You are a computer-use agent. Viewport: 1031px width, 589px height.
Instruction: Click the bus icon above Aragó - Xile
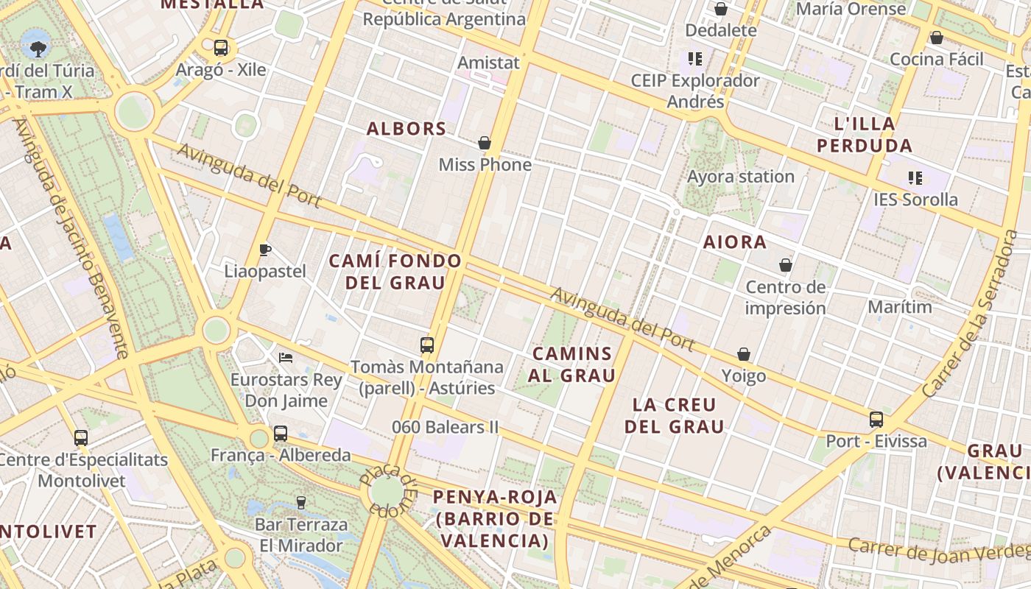point(220,48)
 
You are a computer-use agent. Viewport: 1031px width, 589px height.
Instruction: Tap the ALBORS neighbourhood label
point(407,129)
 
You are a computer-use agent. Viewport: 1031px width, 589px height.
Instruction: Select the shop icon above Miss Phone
point(485,143)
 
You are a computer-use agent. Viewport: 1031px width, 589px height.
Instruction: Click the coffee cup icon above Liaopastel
point(265,250)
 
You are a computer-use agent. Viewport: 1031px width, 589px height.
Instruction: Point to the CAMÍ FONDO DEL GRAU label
point(395,272)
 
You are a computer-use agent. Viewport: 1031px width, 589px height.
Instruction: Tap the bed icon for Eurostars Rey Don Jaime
point(286,358)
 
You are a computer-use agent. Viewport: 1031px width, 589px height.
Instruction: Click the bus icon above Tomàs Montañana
point(426,345)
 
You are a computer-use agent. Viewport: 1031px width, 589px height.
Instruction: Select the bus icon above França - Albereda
point(281,434)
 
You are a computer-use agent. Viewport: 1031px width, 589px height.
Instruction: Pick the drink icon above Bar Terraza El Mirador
point(300,503)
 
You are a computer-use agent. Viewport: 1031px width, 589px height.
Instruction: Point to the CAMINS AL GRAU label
point(571,364)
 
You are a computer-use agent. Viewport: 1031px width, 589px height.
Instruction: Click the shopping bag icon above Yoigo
point(744,355)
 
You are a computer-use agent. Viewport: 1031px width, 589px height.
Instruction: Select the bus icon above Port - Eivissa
point(876,420)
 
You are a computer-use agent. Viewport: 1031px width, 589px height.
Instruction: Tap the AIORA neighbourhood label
point(735,242)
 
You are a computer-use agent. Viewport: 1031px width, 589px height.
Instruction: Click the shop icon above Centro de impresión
point(786,265)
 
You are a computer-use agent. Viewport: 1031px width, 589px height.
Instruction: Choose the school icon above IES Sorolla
point(915,177)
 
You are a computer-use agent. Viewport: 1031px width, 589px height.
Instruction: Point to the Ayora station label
point(741,177)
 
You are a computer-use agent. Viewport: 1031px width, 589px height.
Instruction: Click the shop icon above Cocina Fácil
point(937,38)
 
